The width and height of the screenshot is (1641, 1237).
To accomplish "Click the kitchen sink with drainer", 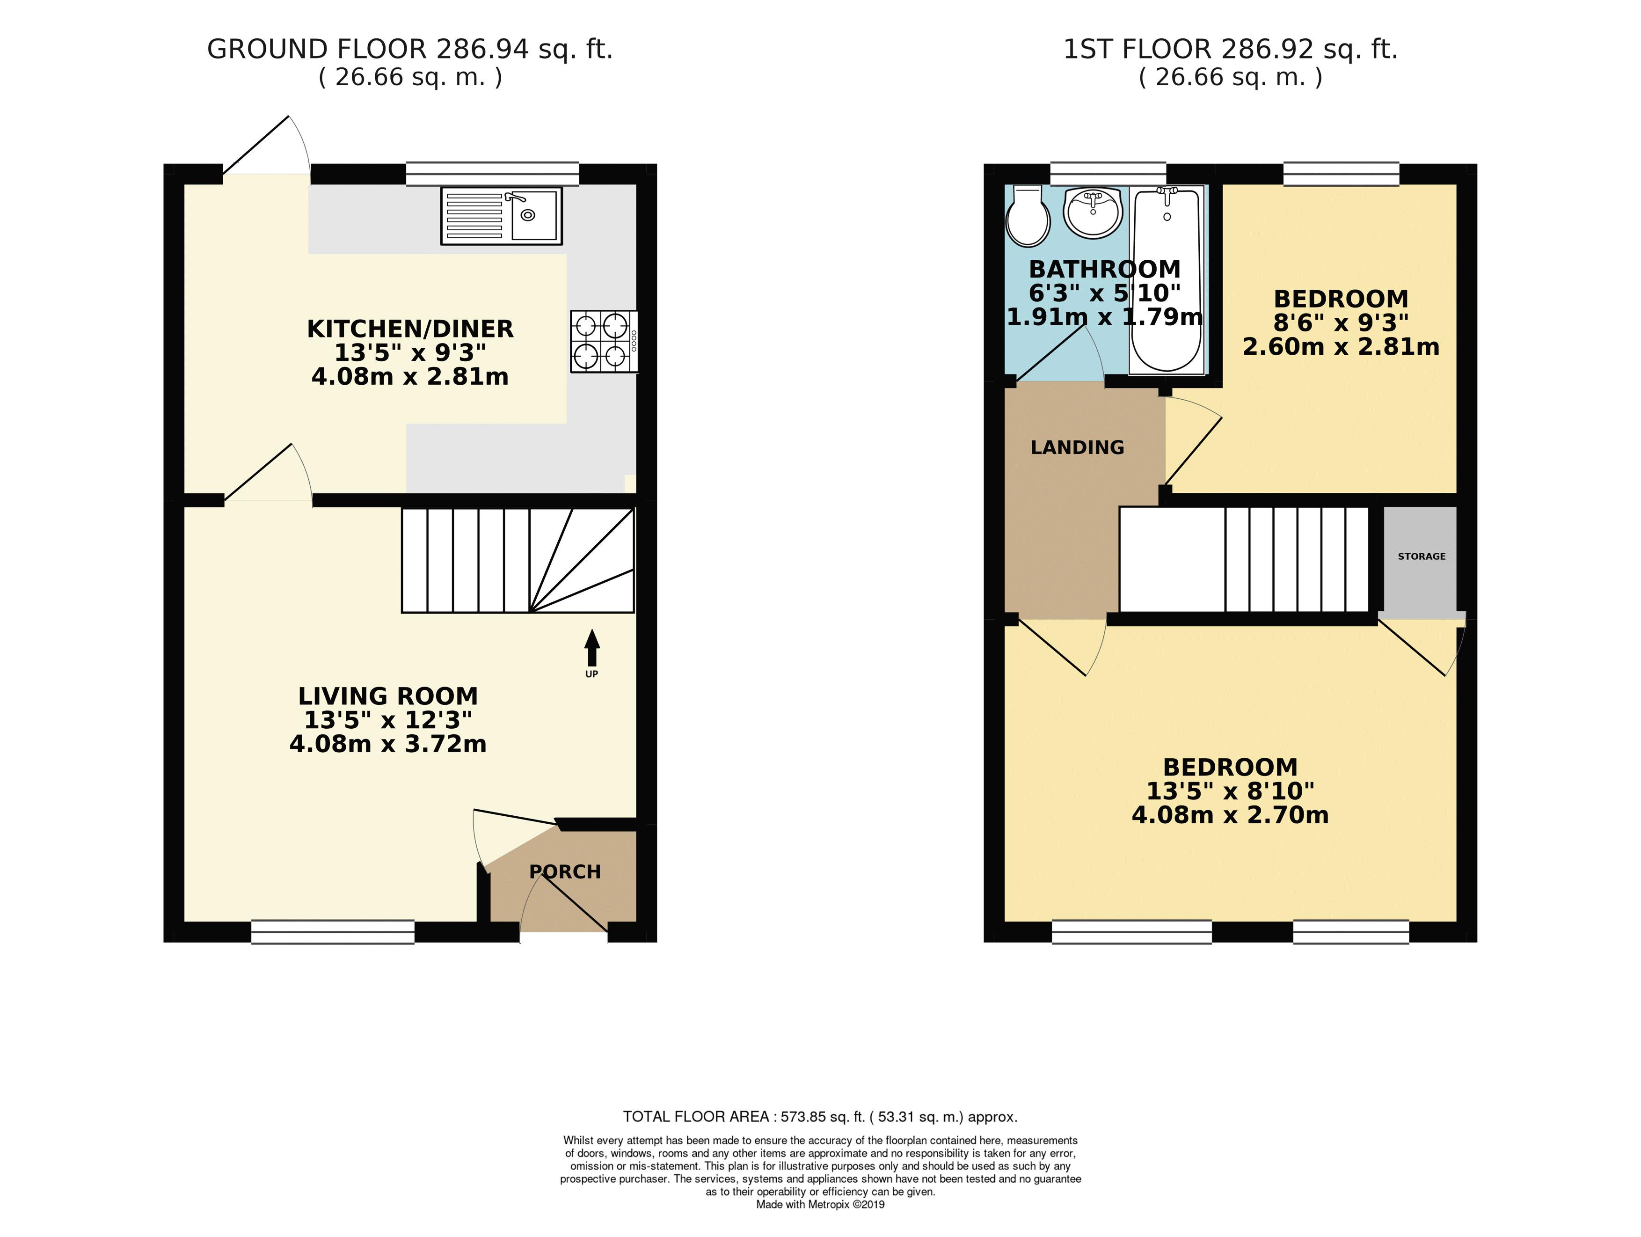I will coord(502,216).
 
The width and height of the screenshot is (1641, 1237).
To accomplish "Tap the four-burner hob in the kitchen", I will coord(602,341).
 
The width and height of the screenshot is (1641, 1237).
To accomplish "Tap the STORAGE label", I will coord(1422,556).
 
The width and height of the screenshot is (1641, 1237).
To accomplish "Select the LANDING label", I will coord(1077,447).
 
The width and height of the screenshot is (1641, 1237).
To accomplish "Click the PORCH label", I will coord(565,872).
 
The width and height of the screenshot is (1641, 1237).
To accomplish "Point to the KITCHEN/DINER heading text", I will coord(410,329).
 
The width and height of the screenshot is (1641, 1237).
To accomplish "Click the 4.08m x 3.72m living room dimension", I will coord(388,744).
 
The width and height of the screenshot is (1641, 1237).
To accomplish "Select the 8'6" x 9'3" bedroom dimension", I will coord(1341,323).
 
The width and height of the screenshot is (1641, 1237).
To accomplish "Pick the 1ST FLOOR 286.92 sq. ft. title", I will coord(1230,50).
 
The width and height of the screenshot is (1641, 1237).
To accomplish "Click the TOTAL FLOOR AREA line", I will coord(820,1117).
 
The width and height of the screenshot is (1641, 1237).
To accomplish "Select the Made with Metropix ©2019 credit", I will coord(820,1205).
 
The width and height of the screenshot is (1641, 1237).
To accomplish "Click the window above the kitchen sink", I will coord(493,174).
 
